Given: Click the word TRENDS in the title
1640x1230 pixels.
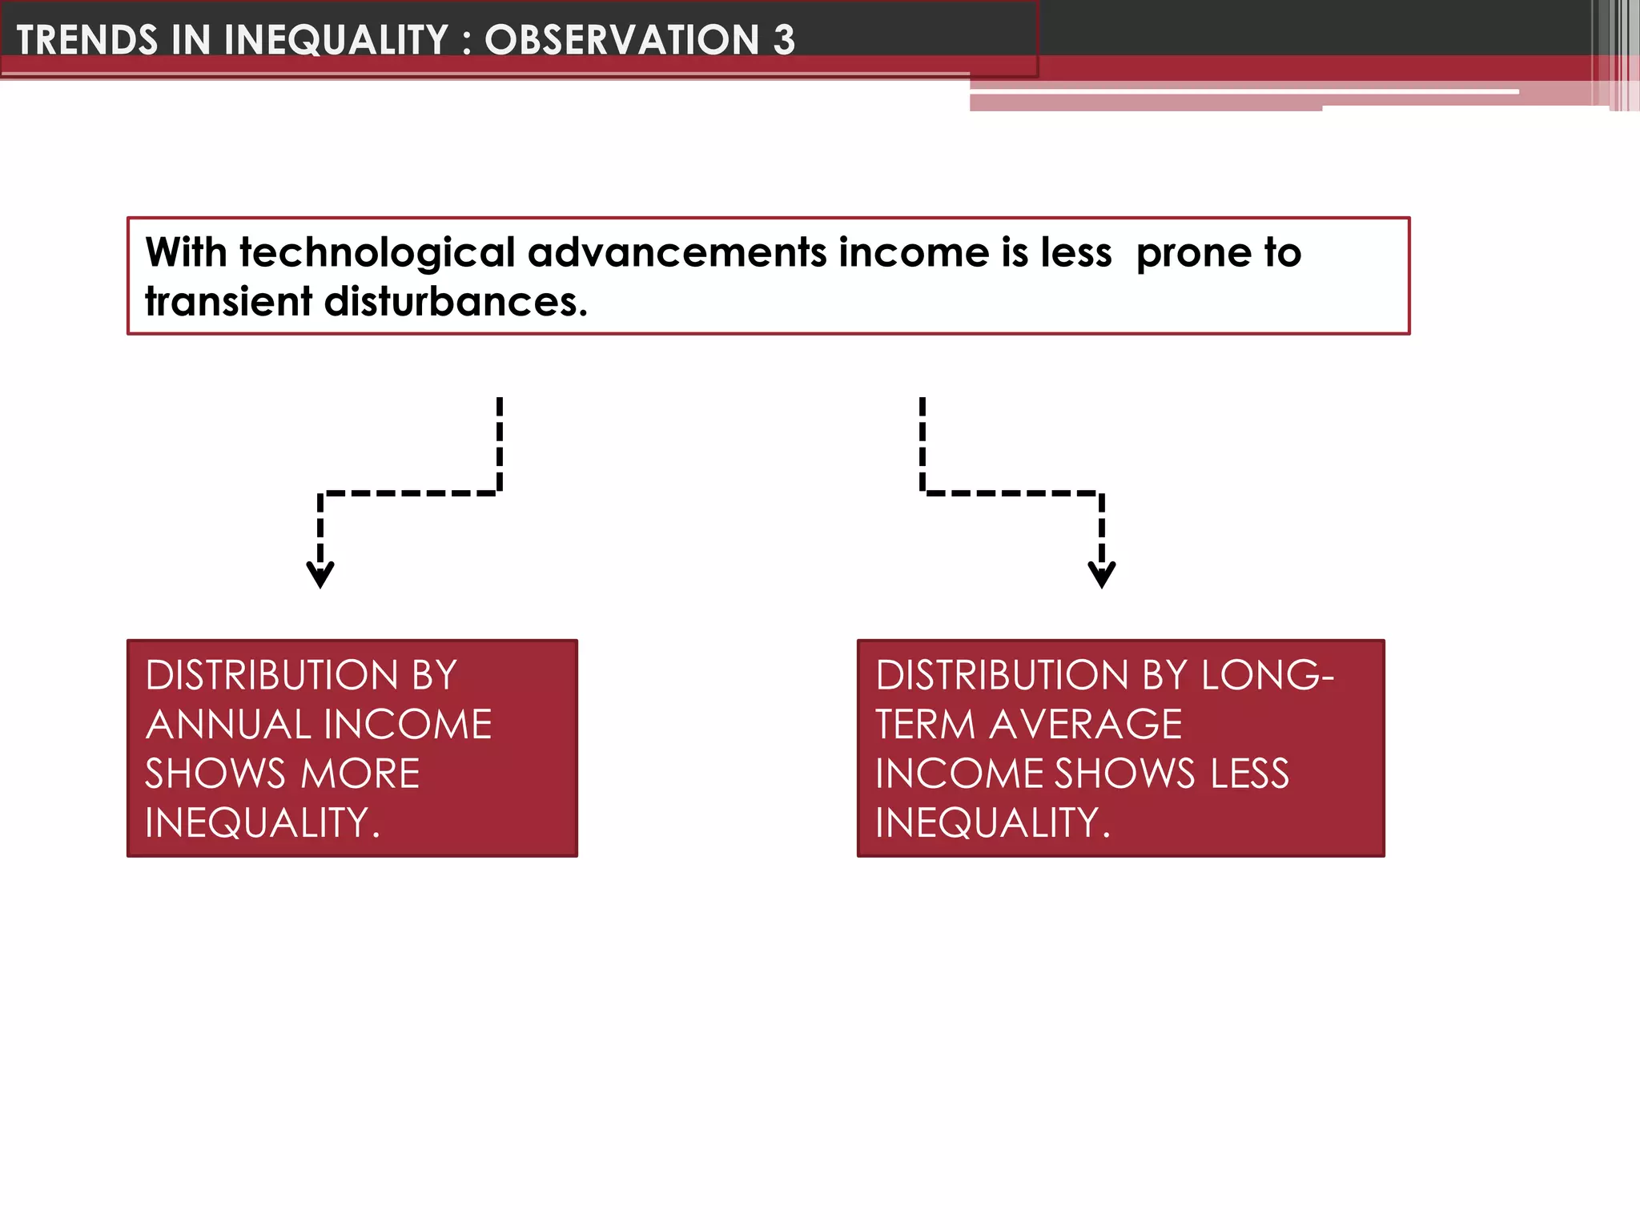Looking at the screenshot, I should [x=87, y=40].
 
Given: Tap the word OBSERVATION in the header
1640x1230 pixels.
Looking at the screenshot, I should [x=621, y=40].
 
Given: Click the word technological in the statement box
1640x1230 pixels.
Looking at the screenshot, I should [x=377, y=254].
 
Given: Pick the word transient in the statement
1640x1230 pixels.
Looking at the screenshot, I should [x=228, y=302].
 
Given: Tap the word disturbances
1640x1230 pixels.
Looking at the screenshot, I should [x=456, y=302].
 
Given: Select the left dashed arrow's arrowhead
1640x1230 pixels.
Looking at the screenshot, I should [x=320, y=574].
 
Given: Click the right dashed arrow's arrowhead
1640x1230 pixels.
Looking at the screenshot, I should [x=1102, y=574].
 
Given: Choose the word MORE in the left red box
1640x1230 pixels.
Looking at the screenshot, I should [x=360, y=774].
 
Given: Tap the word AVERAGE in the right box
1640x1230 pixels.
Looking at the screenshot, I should [x=1086, y=725].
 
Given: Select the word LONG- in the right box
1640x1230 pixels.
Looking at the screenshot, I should [x=1267, y=675].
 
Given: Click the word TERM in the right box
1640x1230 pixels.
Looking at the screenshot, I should [x=925, y=725].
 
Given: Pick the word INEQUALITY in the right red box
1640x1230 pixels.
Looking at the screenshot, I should [x=992, y=823].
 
